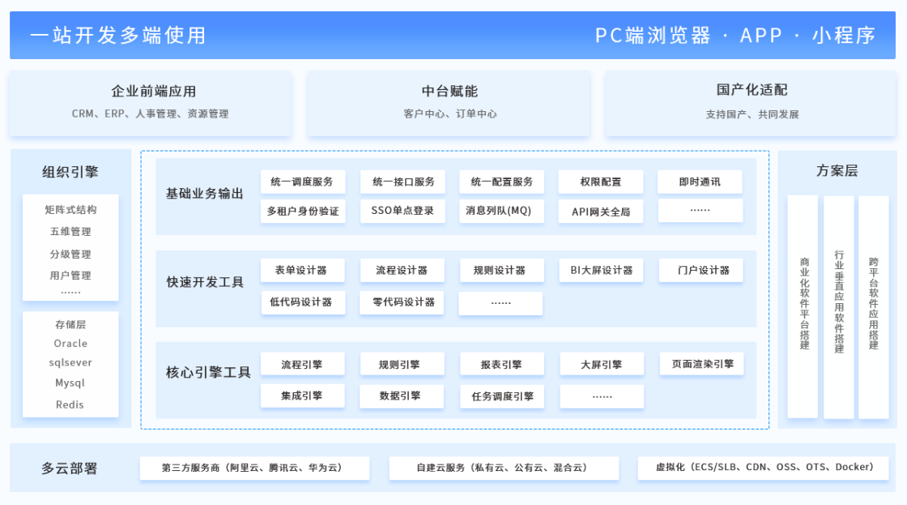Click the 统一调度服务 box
click(302, 182)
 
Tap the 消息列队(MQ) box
click(501, 211)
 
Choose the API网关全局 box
click(601, 212)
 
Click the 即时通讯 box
click(700, 182)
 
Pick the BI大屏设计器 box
click(601, 270)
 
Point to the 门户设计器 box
click(700, 270)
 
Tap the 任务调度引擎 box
click(501, 396)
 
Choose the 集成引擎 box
click(302, 396)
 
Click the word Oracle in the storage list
click(70, 344)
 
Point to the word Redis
click(70, 404)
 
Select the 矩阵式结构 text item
click(70, 210)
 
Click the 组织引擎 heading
click(70, 172)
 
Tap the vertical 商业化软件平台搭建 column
click(803, 306)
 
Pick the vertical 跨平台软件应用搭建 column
click(873, 306)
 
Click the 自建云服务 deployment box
click(503, 468)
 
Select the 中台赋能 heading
click(449, 92)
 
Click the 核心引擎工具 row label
click(208, 373)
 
